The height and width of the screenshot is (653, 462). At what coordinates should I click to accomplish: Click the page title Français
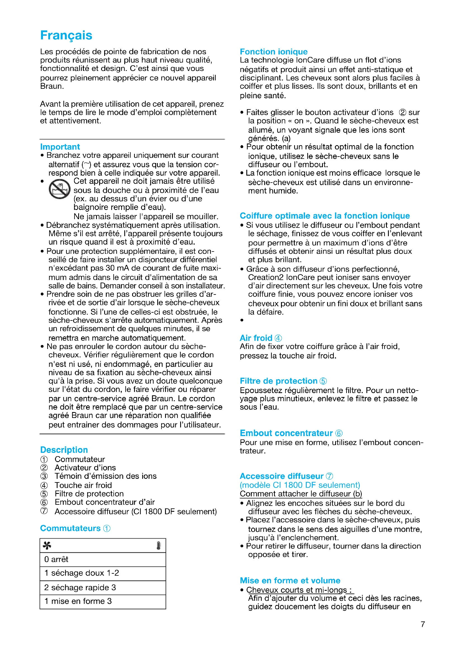click(66, 35)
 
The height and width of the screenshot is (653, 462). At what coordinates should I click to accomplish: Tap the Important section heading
click(60, 147)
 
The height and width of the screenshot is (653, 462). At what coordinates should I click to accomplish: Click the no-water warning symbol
click(59, 189)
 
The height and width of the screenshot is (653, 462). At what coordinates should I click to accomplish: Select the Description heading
click(64, 450)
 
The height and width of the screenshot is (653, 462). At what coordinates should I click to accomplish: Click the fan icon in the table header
click(47, 545)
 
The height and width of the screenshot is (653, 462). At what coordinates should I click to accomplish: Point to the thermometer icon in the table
click(158, 545)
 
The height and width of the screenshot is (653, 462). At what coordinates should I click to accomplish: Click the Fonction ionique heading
click(273, 52)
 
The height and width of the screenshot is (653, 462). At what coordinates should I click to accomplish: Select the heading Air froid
click(256, 338)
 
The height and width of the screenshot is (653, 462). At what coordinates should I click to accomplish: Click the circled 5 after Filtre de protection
click(323, 381)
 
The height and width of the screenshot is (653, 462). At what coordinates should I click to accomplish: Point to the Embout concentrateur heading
click(286, 433)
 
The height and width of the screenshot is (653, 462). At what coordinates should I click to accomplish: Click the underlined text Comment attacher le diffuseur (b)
click(301, 494)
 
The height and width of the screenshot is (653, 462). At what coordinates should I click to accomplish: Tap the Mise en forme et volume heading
click(290, 580)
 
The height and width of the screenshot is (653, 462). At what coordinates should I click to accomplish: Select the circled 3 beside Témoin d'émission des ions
click(44, 476)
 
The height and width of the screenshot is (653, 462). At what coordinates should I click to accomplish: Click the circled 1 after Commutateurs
click(107, 528)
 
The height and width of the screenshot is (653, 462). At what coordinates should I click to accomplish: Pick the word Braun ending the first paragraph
click(51, 86)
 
